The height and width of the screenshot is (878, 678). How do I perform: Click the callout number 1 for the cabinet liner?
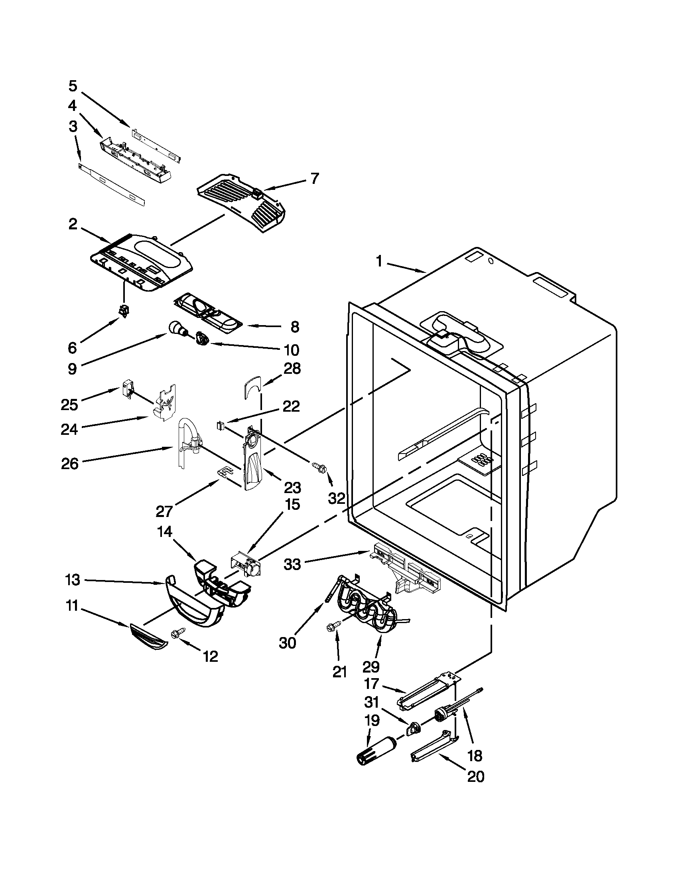click(x=378, y=261)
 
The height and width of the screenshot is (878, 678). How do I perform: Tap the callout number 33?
click(x=292, y=564)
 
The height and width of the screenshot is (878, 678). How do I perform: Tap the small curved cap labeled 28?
click(x=252, y=386)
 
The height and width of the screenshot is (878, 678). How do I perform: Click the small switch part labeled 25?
click(x=127, y=389)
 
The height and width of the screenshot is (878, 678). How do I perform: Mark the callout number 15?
click(x=292, y=504)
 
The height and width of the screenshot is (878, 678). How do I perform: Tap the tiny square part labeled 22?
click(x=219, y=425)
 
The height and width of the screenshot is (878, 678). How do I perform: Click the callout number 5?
click(x=73, y=86)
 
